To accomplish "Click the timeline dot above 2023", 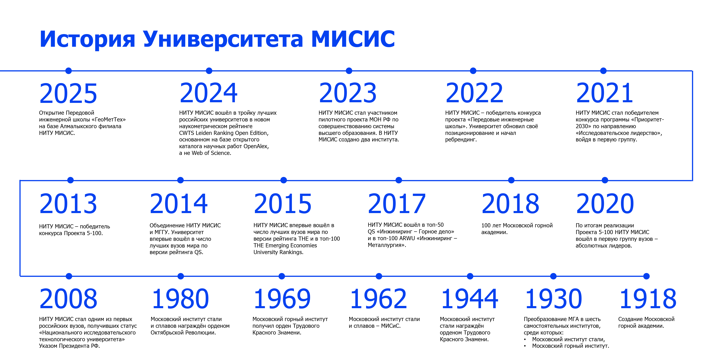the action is point(349,71).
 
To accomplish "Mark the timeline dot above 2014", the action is point(181,180).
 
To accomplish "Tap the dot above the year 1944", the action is point(470,276).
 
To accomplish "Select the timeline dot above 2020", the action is point(605,180).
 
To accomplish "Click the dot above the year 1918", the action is point(646,276).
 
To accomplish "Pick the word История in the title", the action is point(87,39).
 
